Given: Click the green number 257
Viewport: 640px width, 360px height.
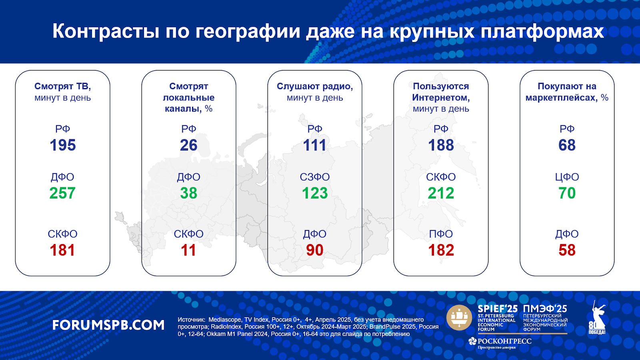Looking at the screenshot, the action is pos(62,193).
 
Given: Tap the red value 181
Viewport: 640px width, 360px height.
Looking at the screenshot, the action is pos(62,250).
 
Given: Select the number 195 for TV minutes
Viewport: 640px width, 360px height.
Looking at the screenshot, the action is pos(62,145).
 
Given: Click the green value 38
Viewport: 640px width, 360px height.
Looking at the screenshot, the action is pos(188,193).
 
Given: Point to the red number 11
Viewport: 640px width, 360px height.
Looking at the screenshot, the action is pos(188,250).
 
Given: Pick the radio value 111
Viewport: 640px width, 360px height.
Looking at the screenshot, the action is pos(314,145).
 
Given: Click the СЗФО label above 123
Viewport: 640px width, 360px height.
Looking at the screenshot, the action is pos(314,177).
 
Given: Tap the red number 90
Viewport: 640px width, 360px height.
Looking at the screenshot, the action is pos(314,250).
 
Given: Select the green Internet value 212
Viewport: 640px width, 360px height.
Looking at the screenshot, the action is pos(441,193).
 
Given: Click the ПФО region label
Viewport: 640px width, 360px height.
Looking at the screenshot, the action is pos(441,234).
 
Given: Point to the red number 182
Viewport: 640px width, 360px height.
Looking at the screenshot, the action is pos(441,250).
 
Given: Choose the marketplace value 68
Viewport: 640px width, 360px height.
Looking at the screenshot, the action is pos(567,145).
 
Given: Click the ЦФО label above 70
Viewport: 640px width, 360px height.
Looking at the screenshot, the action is pos(567,177).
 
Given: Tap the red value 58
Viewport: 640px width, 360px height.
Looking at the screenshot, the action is pos(567,250).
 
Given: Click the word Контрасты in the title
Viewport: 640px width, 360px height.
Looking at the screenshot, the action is pos(106,32).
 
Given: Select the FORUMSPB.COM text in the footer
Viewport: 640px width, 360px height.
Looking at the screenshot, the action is pos(108,325).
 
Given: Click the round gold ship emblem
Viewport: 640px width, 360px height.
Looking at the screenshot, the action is pos(459,318).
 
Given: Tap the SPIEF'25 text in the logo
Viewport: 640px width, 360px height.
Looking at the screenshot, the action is pos(498,309).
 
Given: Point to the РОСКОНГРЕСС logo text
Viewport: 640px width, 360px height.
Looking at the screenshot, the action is pos(504,341).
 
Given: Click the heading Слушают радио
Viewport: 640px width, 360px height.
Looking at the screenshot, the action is pos(314,86).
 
